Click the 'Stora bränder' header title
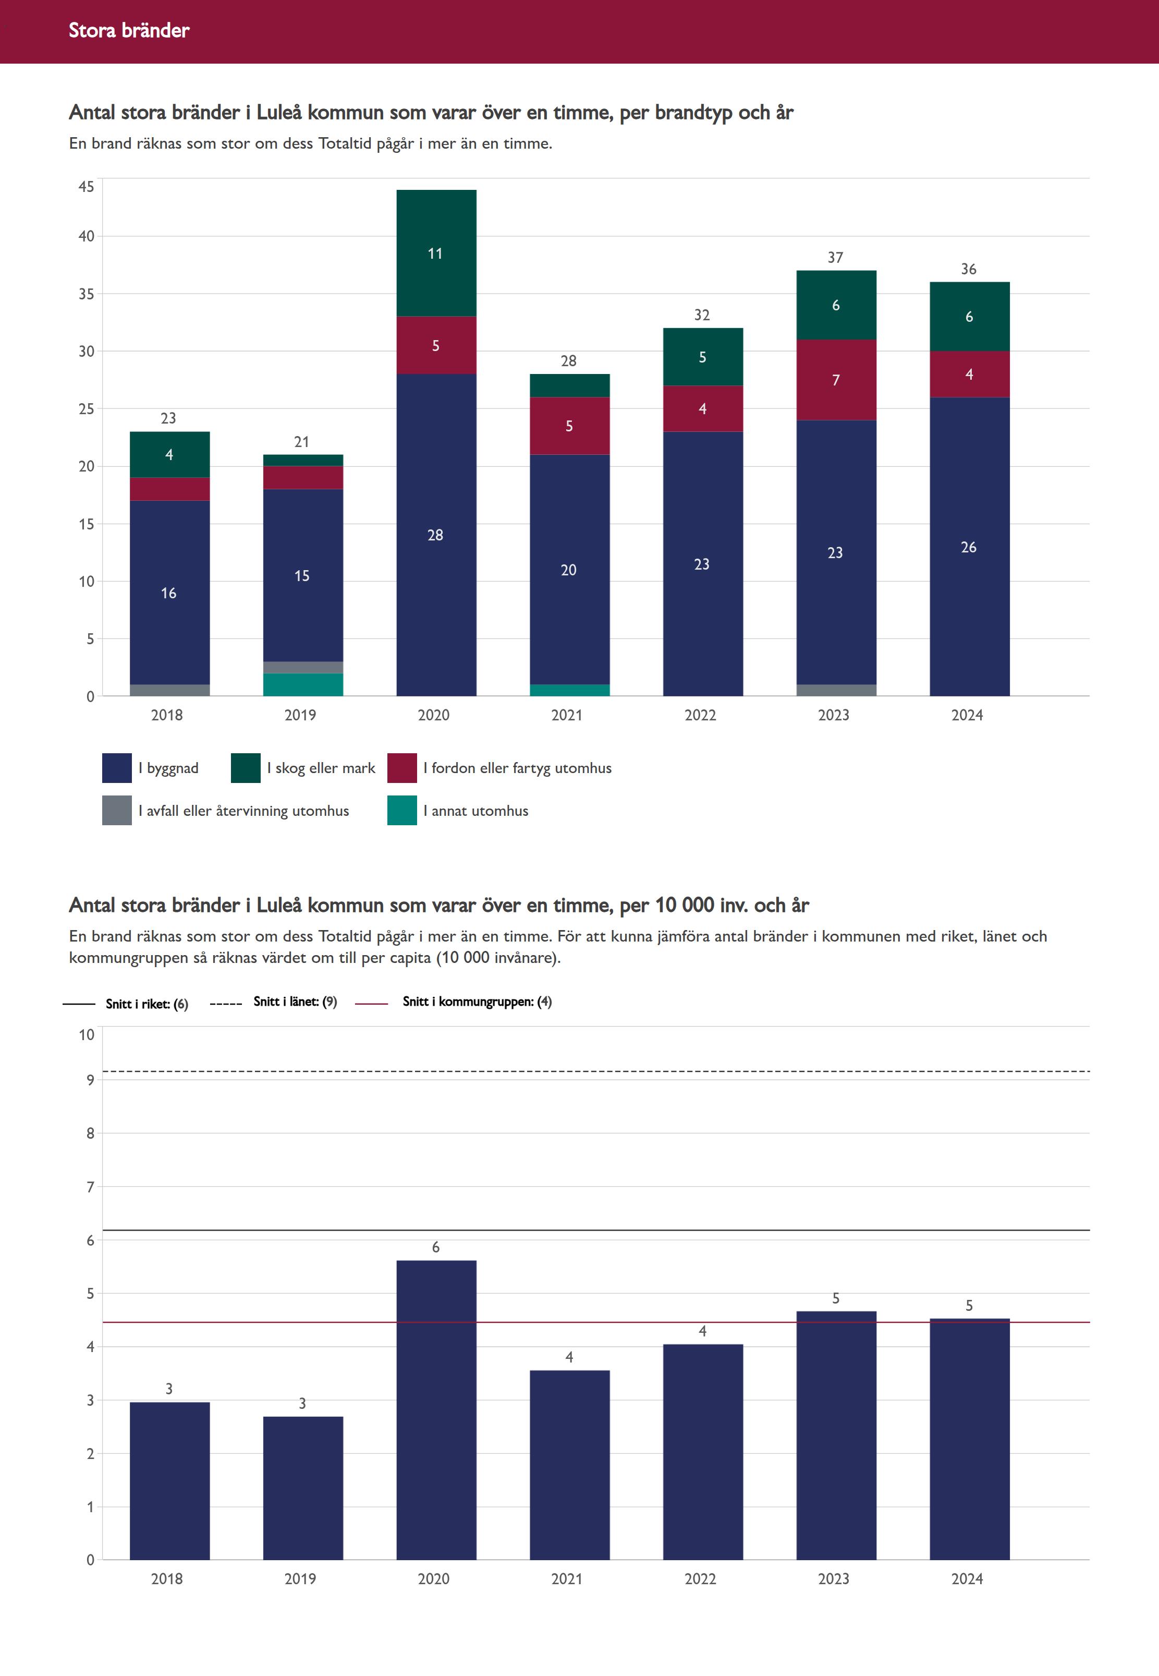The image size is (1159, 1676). tap(129, 30)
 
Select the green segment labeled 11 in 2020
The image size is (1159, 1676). tap(436, 253)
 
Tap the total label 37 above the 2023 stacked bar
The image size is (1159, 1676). tap(835, 258)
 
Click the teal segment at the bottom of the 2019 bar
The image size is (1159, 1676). tap(303, 684)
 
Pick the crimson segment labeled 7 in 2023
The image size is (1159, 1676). tap(836, 380)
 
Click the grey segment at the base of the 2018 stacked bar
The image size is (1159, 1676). tap(169, 690)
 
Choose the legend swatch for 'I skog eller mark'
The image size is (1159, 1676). tap(246, 768)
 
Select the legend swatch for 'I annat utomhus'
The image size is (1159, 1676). tap(401, 811)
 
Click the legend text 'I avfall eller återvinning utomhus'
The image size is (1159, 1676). tap(243, 811)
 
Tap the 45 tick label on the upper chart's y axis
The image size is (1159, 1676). tap(87, 187)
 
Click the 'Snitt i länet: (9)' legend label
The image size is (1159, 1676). tap(295, 1002)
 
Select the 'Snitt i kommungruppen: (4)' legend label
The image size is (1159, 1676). tap(477, 1002)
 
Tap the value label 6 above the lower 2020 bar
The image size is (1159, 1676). tap(436, 1247)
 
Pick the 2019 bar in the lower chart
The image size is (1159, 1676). tap(303, 1489)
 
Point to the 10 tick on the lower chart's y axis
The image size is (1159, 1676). tap(87, 1034)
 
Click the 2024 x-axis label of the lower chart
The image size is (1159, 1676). tap(967, 1578)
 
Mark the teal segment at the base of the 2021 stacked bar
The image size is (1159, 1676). tap(569, 690)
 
